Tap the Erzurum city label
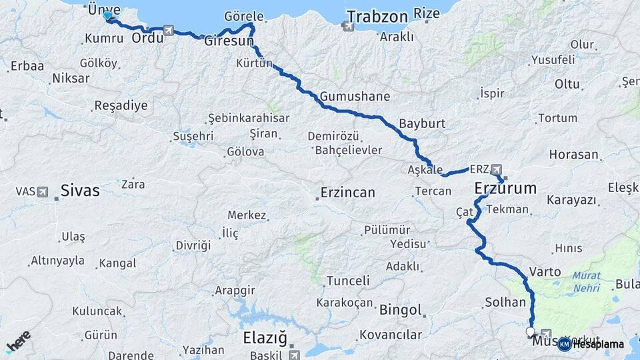tap(505, 189)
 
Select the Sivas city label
tap(79, 191)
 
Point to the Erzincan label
tap(347, 193)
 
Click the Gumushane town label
tap(355, 97)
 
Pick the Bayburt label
tap(421, 124)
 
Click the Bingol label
tap(400, 310)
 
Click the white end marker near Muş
tap(531, 331)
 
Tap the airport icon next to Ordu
tap(167, 31)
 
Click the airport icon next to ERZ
tap(496, 169)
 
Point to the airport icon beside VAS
tap(43, 192)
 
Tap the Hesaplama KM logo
tap(591, 344)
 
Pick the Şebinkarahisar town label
tap(248, 118)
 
